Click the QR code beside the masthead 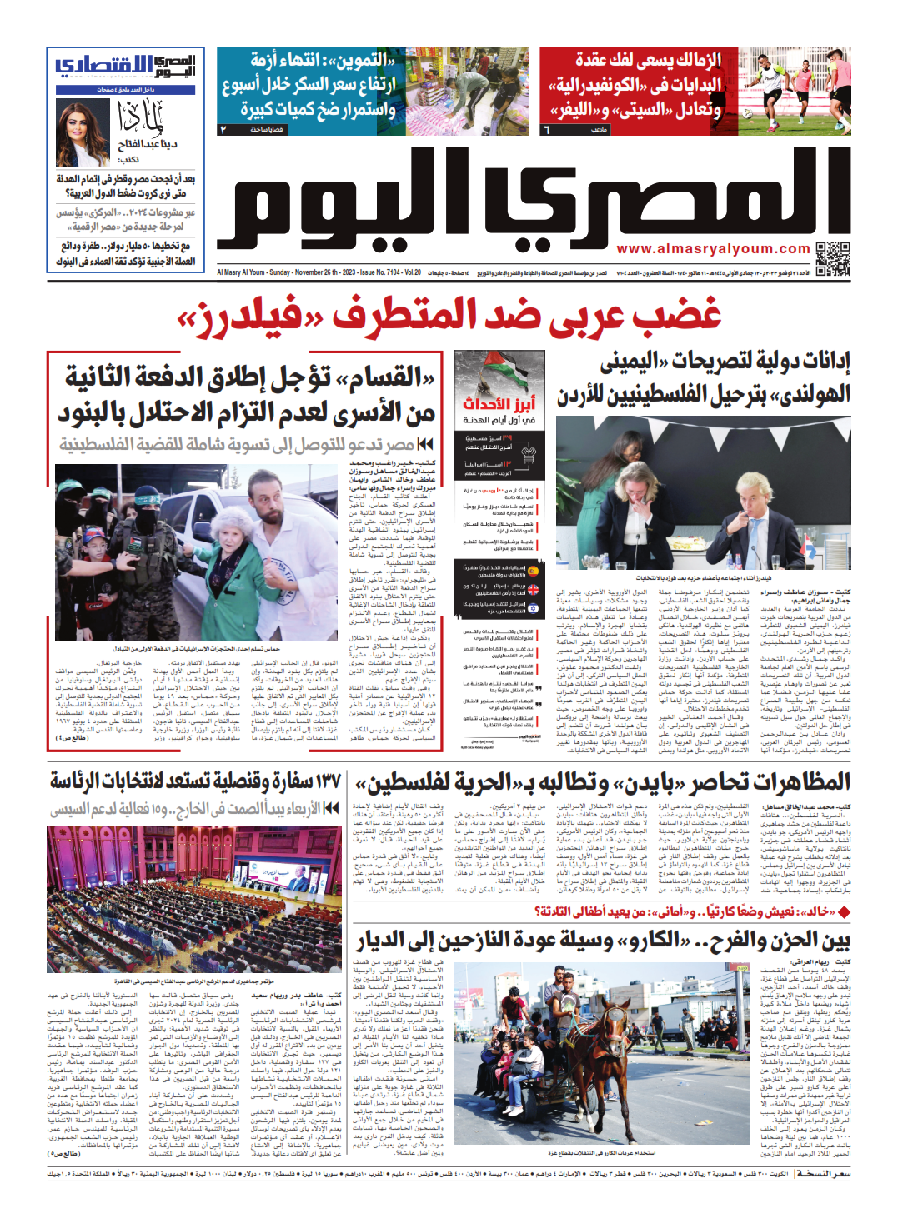coord(832,259)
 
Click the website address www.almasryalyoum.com coord(713,249)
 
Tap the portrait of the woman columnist coord(82,131)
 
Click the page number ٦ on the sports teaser coord(547,129)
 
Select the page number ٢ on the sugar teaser coord(223,130)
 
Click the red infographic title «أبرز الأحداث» coord(499,404)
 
